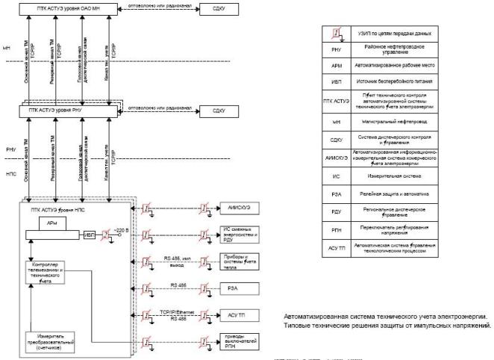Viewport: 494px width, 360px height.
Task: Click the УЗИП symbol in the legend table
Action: point(337,34)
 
